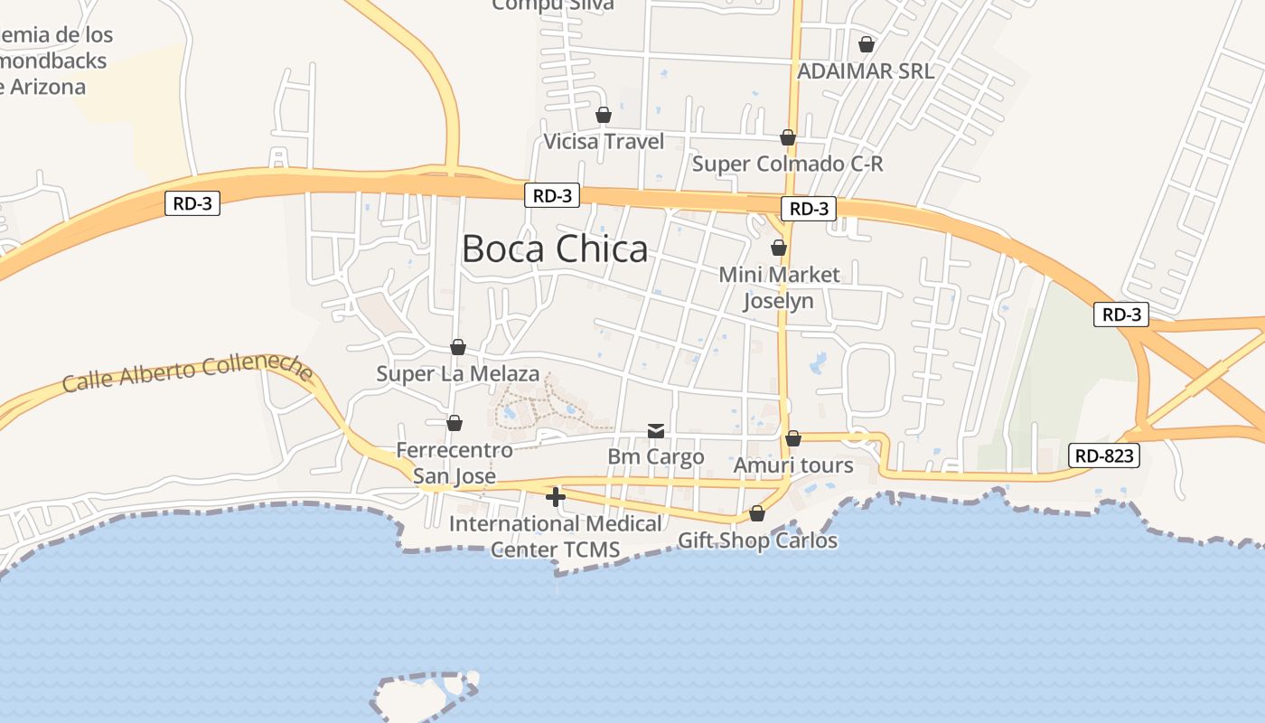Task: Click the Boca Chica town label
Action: coord(555,249)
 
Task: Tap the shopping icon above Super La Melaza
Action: coord(458,347)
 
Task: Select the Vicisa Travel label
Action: coord(604,142)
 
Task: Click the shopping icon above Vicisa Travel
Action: coord(604,115)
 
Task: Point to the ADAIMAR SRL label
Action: coord(866,70)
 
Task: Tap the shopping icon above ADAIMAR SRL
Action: coord(867,43)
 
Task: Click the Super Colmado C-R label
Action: coord(787,164)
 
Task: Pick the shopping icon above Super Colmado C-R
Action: coord(788,137)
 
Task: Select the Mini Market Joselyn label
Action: coord(779,287)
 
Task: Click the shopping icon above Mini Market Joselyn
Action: coord(779,248)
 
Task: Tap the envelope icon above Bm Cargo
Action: coord(656,431)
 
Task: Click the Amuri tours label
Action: coord(793,465)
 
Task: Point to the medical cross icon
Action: coord(556,496)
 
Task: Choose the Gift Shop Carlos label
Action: coord(757,540)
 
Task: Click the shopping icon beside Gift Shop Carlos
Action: coord(757,513)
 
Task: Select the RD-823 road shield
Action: coord(1103,455)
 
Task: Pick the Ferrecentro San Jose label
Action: coord(454,463)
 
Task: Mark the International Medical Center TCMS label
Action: coord(556,536)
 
